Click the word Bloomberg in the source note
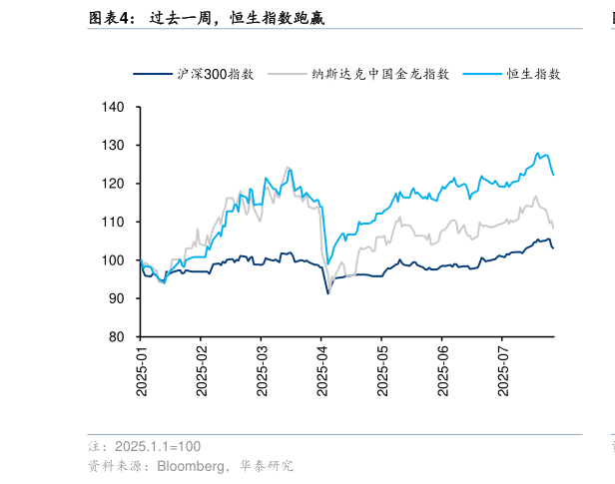pyautogui.click(x=184, y=466)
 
